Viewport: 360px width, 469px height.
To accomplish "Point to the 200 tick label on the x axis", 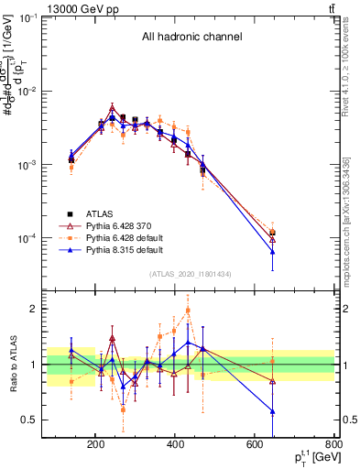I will click(x=95, y=445).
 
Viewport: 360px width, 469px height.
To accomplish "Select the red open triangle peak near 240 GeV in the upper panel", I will click(x=112, y=108).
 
